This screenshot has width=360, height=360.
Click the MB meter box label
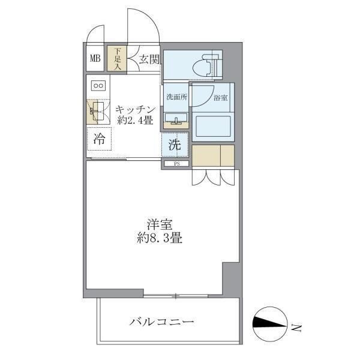95,59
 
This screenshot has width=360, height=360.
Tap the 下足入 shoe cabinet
118,59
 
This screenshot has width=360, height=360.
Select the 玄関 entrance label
148,59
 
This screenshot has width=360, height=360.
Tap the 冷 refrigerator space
100,140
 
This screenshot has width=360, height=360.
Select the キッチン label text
136,110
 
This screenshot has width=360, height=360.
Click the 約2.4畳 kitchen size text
136,121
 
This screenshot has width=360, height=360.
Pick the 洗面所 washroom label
175,96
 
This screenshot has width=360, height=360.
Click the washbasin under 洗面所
176,118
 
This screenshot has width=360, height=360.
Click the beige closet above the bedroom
213,155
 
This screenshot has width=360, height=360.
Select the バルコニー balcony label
162,323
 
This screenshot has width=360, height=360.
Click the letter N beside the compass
296,328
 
